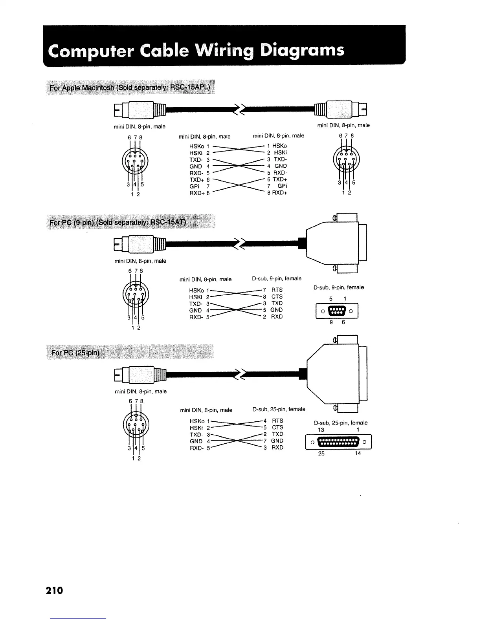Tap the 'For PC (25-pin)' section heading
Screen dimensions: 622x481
pyautogui.click(x=75, y=352)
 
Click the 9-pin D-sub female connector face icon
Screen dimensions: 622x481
pyautogui.click(x=337, y=311)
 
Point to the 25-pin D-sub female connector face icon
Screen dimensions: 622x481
pyautogui.click(x=338, y=442)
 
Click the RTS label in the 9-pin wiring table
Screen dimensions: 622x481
pyautogui.click(x=277, y=290)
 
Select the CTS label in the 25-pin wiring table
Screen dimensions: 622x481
pyautogui.click(x=277, y=427)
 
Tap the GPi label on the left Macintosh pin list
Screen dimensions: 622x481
pyautogui.click(x=194, y=186)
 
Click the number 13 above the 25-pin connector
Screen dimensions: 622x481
pyautogui.click(x=321, y=430)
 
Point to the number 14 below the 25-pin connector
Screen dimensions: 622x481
pyautogui.click(x=358, y=454)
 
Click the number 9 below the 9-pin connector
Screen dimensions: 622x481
pyautogui.click(x=332, y=322)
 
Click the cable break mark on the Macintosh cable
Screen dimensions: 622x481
pyautogui.click(x=240, y=109)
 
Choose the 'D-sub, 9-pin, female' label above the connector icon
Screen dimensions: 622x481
pyautogui.click(x=338, y=287)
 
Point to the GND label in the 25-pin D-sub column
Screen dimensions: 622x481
pyautogui.click(x=277, y=441)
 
